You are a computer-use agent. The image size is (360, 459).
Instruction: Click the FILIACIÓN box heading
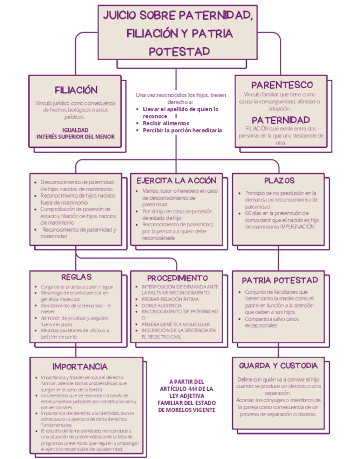click(76, 90)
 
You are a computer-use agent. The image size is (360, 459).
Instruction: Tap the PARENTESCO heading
click(282, 85)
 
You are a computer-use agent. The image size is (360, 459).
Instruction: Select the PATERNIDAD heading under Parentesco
click(280, 119)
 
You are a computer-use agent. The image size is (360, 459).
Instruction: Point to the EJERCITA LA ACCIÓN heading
click(176, 180)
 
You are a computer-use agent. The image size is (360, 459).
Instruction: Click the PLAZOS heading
click(279, 180)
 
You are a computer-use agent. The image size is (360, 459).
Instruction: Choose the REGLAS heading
click(76, 277)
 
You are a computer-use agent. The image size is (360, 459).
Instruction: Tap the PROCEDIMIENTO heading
click(178, 277)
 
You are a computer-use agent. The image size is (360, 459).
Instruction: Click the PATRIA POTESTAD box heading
click(279, 280)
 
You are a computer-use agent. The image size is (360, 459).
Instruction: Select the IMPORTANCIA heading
click(80, 366)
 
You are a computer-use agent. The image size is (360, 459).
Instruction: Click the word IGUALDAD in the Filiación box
click(76, 130)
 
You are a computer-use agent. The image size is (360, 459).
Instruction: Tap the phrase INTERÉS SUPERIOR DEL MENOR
click(76, 137)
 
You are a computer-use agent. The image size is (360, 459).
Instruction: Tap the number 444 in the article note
click(195, 389)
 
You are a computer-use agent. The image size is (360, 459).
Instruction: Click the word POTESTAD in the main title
click(179, 51)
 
